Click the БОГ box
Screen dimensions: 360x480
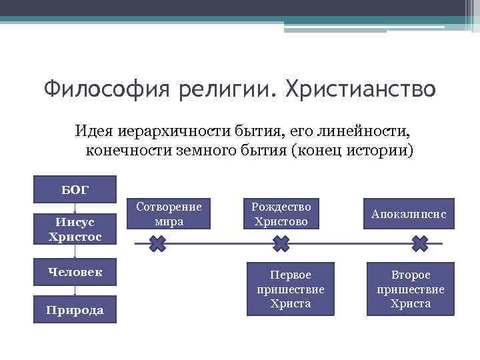pos(75,189)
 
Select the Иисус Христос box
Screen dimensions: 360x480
pos(75,227)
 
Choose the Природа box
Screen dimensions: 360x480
pos(75,309)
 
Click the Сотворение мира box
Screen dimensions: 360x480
pos(169,213)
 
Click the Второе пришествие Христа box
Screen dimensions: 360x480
pos(410,288)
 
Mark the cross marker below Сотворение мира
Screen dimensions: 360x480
pos(157,244)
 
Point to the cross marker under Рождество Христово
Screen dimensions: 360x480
pos(281,244)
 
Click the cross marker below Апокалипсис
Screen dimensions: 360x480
pos(419,244)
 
